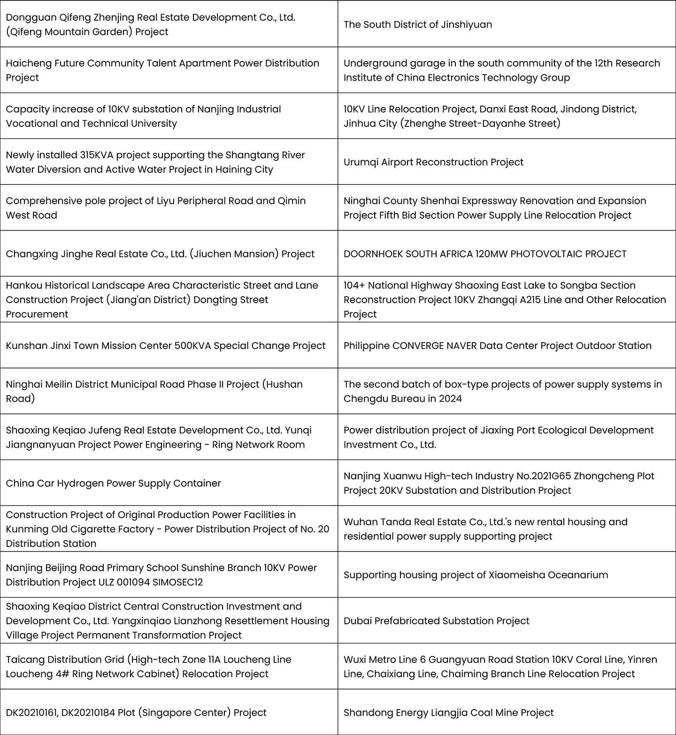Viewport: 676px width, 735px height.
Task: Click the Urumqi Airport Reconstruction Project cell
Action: [x=433, y=162]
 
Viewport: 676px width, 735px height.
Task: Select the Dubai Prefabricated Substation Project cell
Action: [x=436, y=621]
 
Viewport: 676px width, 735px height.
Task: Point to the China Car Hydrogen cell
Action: [x=113, y=483]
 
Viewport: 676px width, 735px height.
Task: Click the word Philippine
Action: [x=366, y=346]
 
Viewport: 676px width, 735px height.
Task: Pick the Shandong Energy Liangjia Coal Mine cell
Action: [x=448, y=712]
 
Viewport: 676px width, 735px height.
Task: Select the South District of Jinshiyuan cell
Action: [x=417, y=24]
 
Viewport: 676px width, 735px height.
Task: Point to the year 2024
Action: [x=450, y=399]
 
